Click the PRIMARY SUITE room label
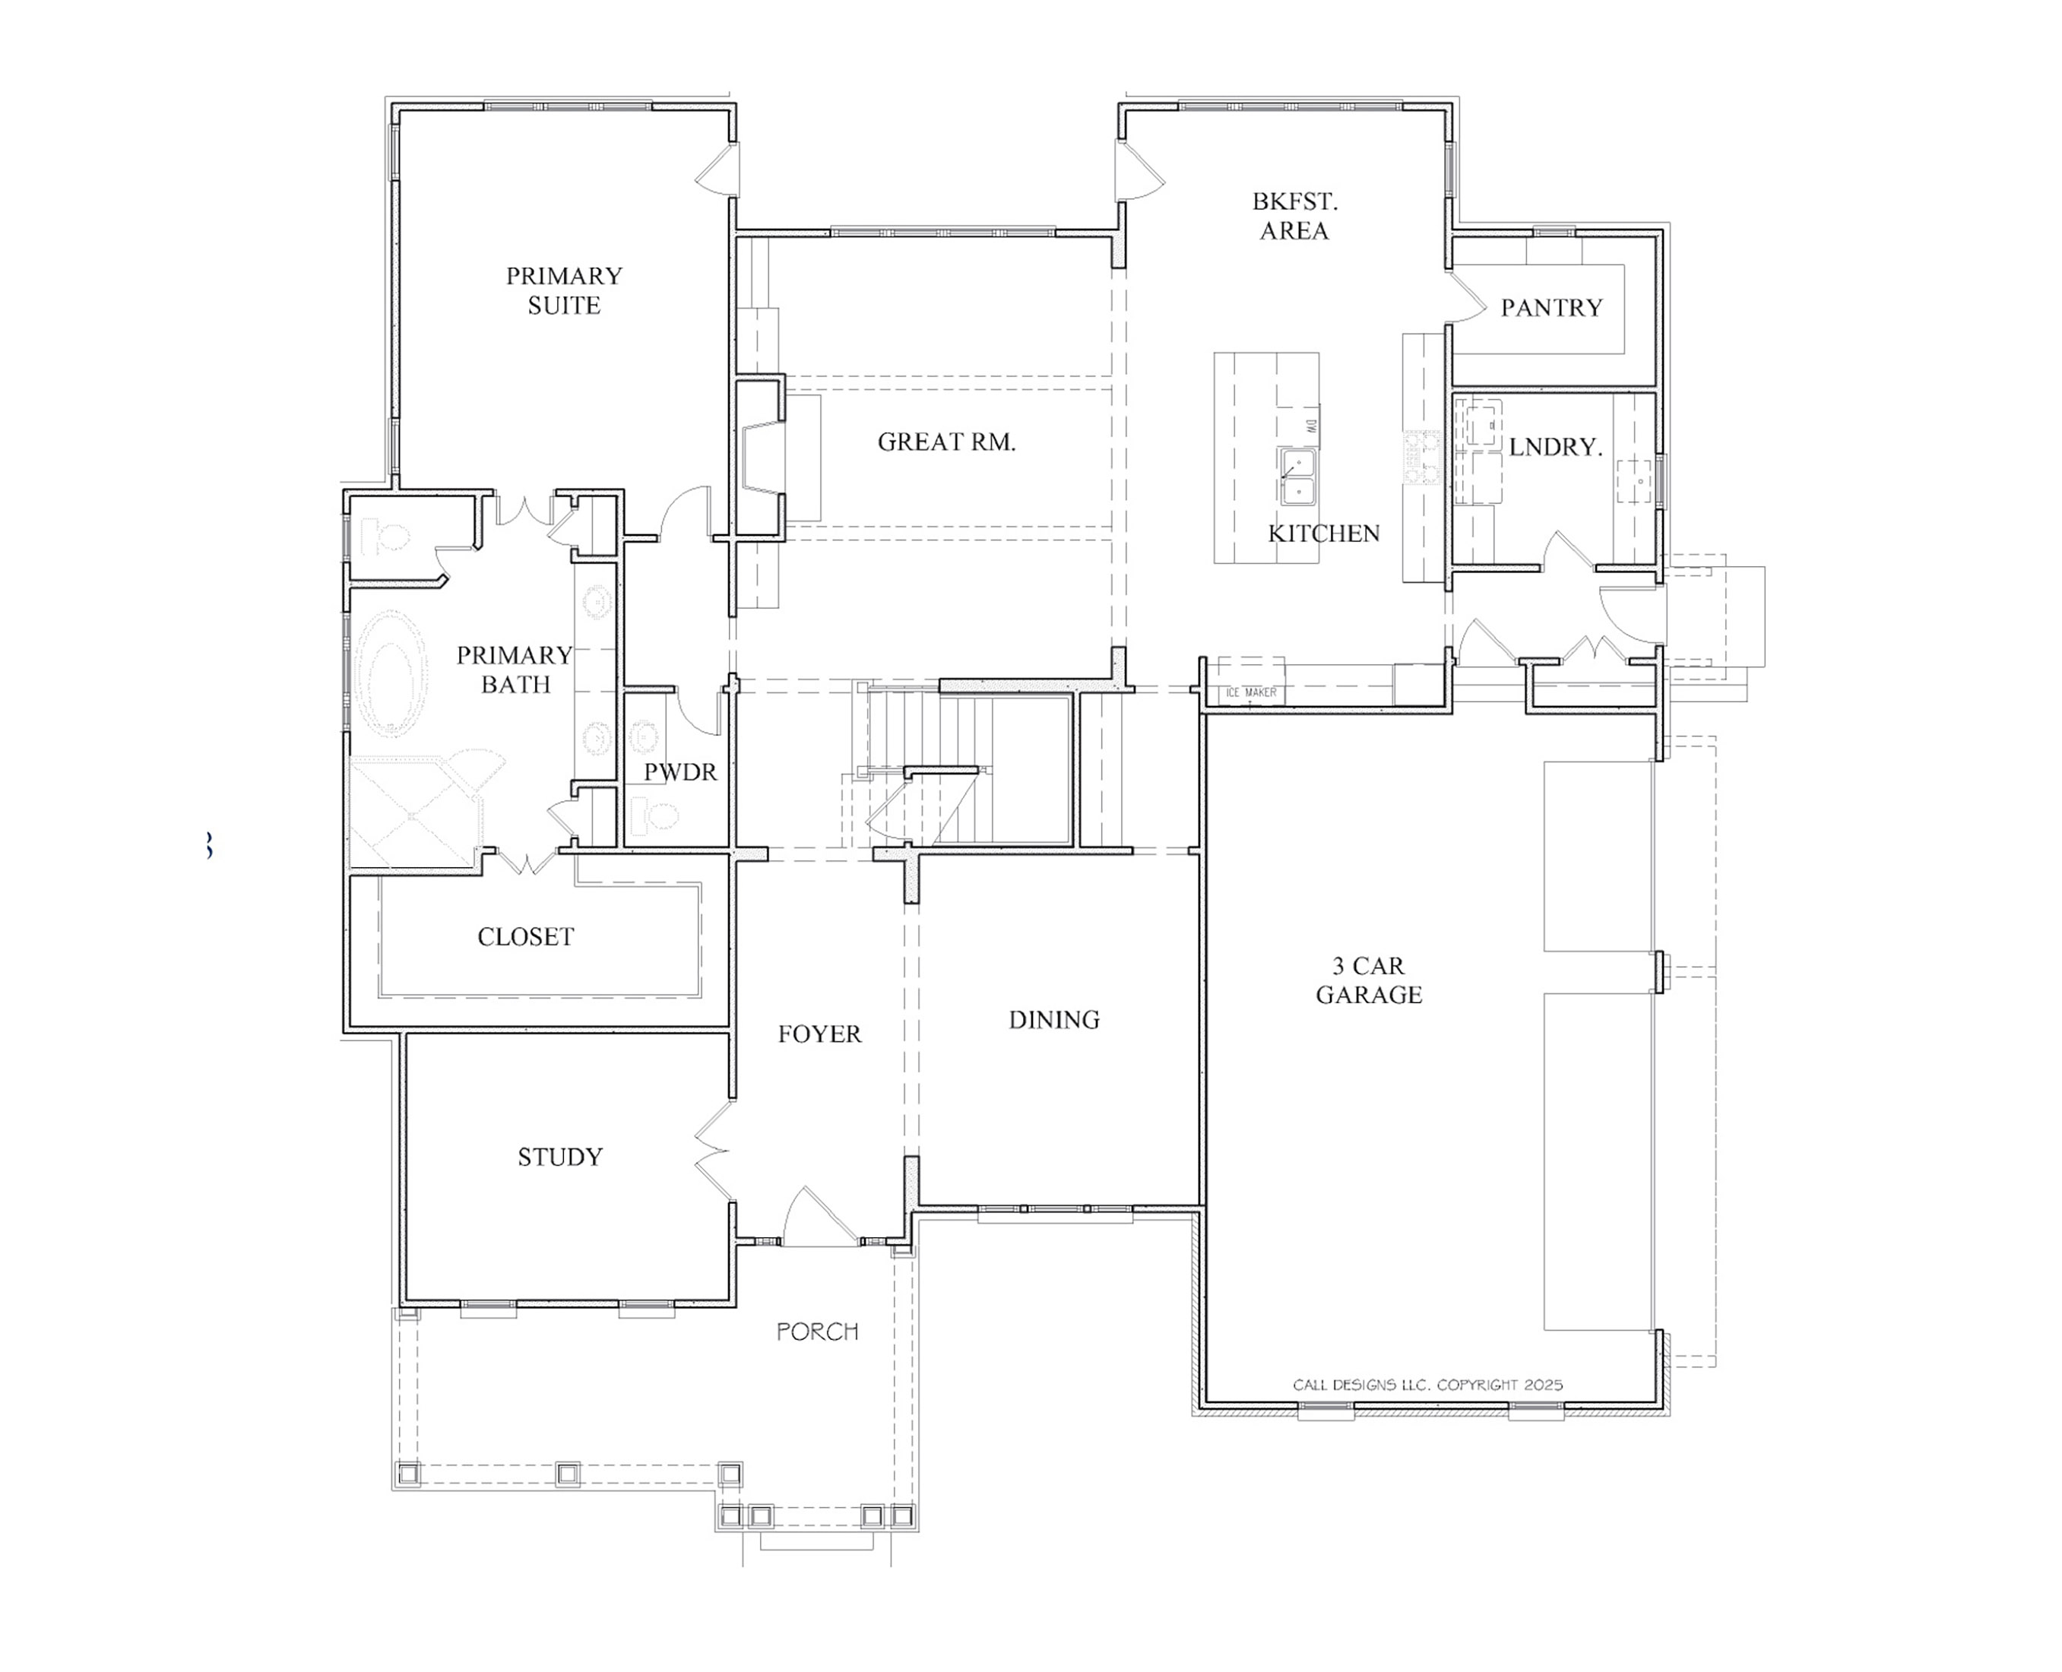[x=565, y=290]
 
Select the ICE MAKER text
[x=1251, y=692]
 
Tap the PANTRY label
[x=1550, y=309]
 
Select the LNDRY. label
[x=1554, y=447]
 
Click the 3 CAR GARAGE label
[x=1369, y=980]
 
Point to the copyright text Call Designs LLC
[x=1427, y=1385]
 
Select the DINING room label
[x=1053, y=1020]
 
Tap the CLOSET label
[x=526, y=937]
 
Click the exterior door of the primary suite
[x=717, y=170]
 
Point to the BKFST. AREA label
[x=1294, y=216]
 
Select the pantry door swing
[x=1468, y=296]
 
